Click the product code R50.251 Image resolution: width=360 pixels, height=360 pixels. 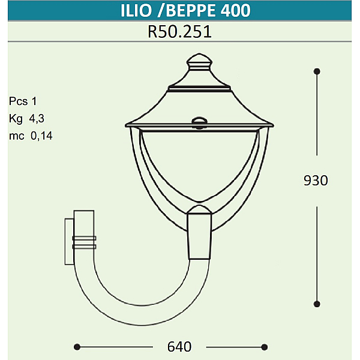(x=179, y=32)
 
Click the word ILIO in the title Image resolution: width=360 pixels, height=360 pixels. (x=136, y=11)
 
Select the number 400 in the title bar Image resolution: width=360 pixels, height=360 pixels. (x=236, y=11)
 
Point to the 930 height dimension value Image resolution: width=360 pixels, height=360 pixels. (x=316, y=181)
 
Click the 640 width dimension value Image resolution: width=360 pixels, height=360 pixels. (x=179, y=347)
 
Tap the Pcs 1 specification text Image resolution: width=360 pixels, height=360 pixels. (x=23, y=101)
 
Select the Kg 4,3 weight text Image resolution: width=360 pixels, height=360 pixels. (x=26, y=119)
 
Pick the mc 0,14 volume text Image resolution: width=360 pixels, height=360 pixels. (x=31, y=136)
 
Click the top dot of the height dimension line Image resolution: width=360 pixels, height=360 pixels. (x=317, y=71)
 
